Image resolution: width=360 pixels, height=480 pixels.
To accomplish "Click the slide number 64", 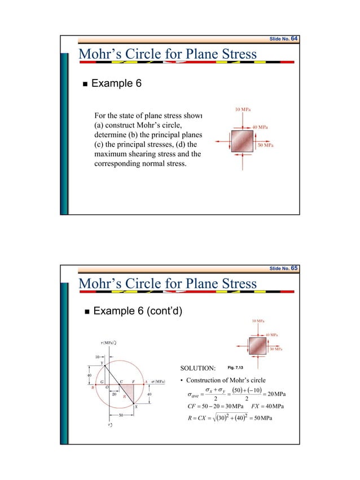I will pyautogui.click(x=295, y=38).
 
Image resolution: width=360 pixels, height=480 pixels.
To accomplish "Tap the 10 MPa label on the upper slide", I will pyautogui.click(x=243, y=109).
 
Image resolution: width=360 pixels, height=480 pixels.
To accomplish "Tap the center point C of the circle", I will pyautogui.click(x=120, y=382).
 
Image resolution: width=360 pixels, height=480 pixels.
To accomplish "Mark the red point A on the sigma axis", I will pyautogui.click(x=146, y=382).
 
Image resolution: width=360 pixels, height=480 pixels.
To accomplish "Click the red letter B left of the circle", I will pyautogui.click(x=93, y=388).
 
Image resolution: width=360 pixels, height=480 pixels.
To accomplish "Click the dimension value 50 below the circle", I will pyautogui.click(x=121, y=415).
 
